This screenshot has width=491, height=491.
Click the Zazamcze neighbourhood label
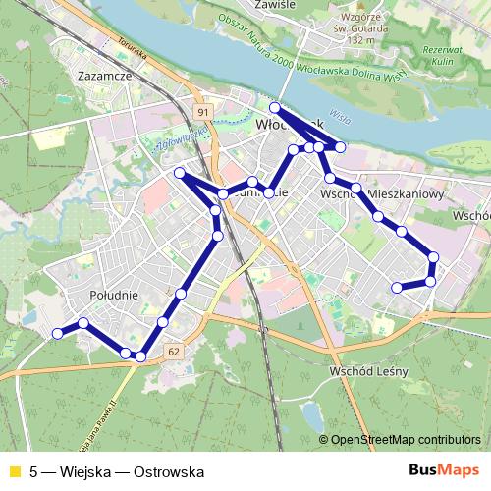98,74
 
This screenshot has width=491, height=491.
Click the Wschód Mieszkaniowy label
383,194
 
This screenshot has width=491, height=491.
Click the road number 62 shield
173,352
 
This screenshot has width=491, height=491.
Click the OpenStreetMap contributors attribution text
406,441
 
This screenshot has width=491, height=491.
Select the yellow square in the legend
14,471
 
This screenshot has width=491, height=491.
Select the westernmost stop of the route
57,334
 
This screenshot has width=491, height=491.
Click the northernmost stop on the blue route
275,107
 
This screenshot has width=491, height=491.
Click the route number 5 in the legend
34,471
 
